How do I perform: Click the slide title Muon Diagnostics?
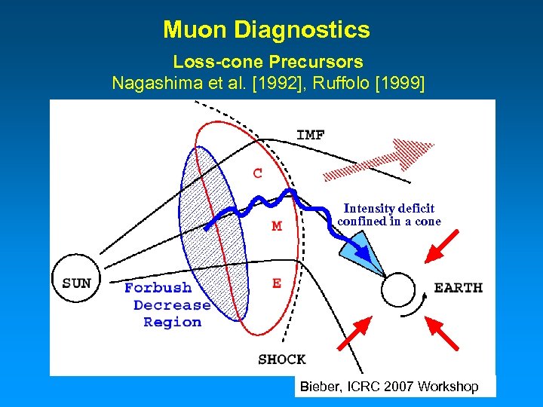pyautogui.click(x=266, y=30)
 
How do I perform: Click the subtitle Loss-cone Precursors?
pyautogui.click(x=268, y=62)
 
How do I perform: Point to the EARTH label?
pyautogui.click(x=458, y=287)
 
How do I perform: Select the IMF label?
pyautogui.click(x=311, y=135)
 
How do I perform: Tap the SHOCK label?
pyautogui.click(x=281, y=360)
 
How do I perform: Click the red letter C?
pyautogui.click(x=258, y=173)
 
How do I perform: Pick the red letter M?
pyautogui.click(x=276, y=226)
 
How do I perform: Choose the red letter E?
pyautogui.click(x=277, y=283)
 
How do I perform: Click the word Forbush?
pyautogui.click(x=158, y=288)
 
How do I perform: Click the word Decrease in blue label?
pyautogui.click(x=172, y=305)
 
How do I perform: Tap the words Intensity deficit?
pyautogui.click(x=388, y=209)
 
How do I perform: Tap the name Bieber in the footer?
pyautogui.click(x=318, y=387)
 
